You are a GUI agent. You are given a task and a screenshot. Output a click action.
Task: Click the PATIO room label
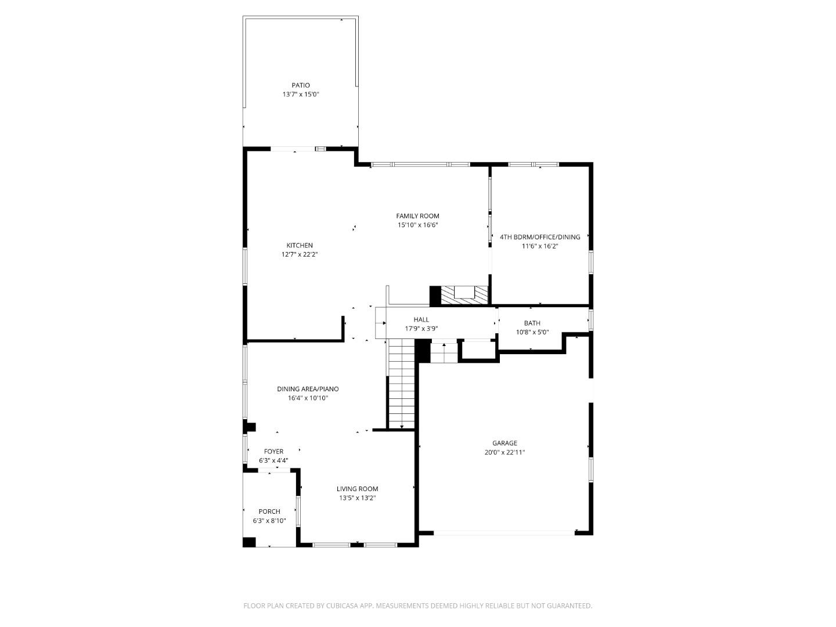tap(300, 85)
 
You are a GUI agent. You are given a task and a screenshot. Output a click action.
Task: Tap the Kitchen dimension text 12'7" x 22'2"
tap(300, 254)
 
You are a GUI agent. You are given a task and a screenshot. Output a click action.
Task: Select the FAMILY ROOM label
tap(417, 216)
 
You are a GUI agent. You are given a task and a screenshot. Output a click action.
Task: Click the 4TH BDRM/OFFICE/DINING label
tap(540, 237)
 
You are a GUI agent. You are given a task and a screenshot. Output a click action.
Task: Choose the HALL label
tap(421, 319)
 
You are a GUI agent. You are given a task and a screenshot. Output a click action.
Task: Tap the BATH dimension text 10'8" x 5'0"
tap(532, 333)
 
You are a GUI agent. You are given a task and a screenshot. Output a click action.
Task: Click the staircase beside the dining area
tap(401, 384)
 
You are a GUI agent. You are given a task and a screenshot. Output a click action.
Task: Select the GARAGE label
tap(505, 443)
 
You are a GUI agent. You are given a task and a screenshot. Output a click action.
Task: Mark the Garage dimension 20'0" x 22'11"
tap(505, 452)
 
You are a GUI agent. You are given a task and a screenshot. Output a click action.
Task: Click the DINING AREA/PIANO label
tap(308, 389)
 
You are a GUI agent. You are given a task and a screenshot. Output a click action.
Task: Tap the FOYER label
tap(273, 451)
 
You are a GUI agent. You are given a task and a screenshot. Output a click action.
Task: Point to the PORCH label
tap(269, 511)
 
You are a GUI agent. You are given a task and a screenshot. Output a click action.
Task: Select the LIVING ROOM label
tap(357, 489)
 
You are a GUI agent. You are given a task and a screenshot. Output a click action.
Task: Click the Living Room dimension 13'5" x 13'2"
tap(357, 498)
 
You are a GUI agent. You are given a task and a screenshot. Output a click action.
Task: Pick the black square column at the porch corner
tap(249, 542)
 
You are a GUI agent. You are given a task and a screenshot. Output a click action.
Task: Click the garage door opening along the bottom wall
tap(504, 532)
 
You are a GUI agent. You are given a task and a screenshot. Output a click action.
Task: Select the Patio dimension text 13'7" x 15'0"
tap(300, 95)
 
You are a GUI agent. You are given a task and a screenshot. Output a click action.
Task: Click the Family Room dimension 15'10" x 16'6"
tap(417, 225)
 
